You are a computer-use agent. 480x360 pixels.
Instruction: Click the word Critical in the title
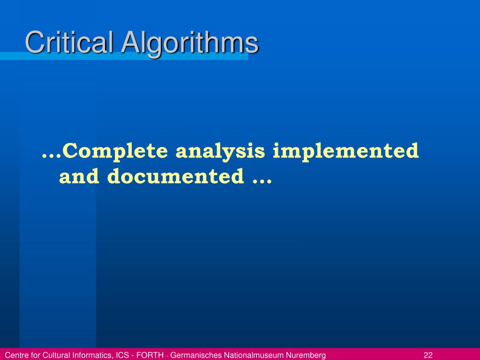[69, 43]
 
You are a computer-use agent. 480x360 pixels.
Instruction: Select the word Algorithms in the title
[190, 44]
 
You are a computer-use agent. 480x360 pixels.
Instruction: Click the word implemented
[346, 151]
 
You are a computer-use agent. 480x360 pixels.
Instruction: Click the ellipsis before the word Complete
[52, 155]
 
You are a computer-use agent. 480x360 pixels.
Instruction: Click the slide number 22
[427, 355]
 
